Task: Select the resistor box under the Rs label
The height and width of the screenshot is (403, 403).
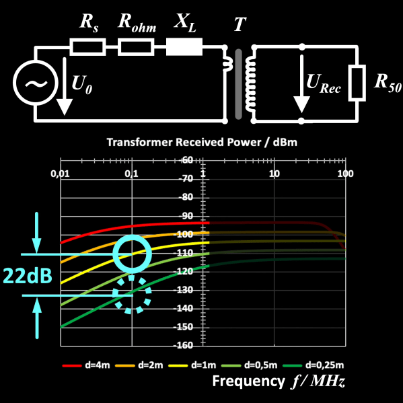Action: pyautogui.click(x=87, y=47)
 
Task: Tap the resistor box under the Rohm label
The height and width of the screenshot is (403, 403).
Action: pyautogui.click(x=136, y=47)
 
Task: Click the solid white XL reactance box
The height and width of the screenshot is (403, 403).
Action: pyautogui.click(x=184, y=47)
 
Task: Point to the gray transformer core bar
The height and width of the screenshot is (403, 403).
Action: pyautogui.click(x=239, y=84)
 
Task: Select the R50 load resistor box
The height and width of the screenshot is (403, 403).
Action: pyautogui.click(x=357, y=83)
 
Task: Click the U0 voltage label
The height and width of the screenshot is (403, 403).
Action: pyautogui.click(x=81, y=84)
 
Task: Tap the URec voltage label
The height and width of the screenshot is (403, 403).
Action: pyautogui.click(x=324, y=83)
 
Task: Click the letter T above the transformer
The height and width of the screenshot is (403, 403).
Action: pyautogui.click(x=240, y=24)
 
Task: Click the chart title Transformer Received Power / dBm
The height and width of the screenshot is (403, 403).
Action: pyautogui.click(x=202, y=142)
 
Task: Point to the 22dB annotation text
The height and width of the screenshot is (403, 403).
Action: pyautogui.click(x=28, y=275)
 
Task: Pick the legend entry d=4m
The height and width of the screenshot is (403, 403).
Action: pyautogui.click(x=86, y=365)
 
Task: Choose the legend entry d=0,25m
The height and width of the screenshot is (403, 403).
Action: pyautogui.click(x=313, y=365)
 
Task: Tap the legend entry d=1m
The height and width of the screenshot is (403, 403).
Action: pyautogui.click(x=192, y=365)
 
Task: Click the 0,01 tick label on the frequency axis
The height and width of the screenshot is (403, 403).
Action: pyautogui.click(x=60, y=174)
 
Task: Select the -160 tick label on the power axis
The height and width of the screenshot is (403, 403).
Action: pyautogui.click(x=183, y=345)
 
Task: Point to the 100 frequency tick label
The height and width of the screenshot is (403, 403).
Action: pyautogui.click(x=345, y=174)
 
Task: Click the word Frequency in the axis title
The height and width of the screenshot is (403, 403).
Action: pyautogui.click(x=248, y=381)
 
